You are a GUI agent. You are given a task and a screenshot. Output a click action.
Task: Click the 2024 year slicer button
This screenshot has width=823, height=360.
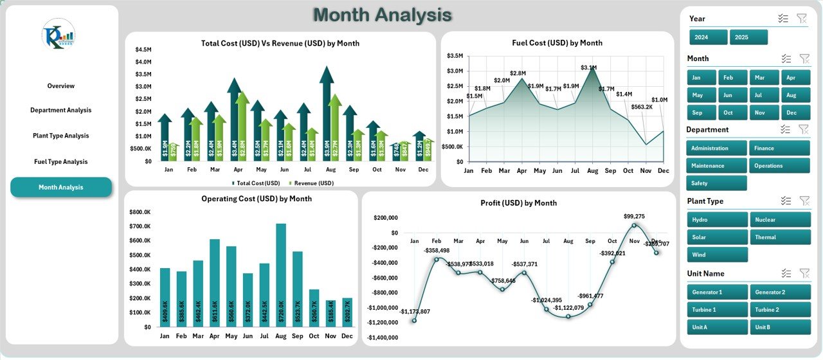click(x=708, y=37)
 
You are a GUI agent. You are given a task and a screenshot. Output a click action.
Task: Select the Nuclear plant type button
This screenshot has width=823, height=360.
click(x=779, y=220)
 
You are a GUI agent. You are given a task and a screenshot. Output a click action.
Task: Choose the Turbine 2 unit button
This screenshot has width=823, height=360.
click(x=779, y=310)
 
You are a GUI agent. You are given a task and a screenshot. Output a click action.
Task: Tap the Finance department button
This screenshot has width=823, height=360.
click(x=779, y=148)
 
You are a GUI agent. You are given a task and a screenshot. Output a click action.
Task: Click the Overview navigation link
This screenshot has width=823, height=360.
click(x=61, y=85)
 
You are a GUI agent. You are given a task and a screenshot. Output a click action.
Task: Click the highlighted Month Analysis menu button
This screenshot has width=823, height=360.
click(x=61, y=187)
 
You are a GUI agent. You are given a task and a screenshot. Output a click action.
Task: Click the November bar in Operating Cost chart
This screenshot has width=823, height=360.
click(x=330, y=313)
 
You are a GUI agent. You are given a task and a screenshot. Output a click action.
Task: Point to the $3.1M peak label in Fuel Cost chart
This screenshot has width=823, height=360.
click(x=588, y=67)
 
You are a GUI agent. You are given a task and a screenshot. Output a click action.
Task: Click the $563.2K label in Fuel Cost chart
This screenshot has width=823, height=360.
click(x=642, y=107)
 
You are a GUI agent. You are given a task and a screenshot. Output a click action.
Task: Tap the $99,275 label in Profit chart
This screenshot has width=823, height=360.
click(x=633, y=217)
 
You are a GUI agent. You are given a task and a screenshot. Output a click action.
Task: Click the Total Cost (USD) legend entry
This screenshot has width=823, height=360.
click(x=257, y=183)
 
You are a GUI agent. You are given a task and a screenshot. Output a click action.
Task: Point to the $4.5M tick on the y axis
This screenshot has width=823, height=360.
click(x=143, y=50)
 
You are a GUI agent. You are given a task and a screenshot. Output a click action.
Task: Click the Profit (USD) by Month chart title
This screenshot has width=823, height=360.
click(x=518, y=203)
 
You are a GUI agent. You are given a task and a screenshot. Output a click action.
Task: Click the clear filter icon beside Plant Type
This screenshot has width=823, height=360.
click(x=803, y=201)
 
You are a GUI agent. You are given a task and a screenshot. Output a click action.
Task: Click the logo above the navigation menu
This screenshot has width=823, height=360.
click(x=59, y=34)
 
